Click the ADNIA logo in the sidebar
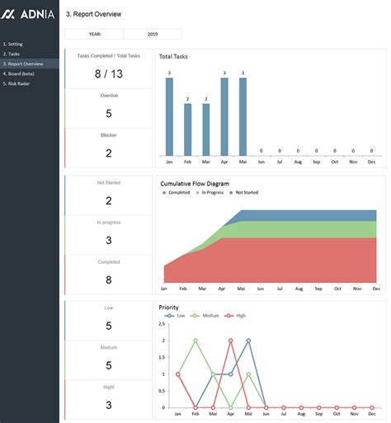click(x=29, y=14)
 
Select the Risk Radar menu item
click(x=19, y=83)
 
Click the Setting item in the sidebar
click(x=14, y=44)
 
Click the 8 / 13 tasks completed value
click(x=109, y=73)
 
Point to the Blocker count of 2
click(x=109, y=153)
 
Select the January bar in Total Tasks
click(x=169, y=116)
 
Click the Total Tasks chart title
click(x=174, y=56)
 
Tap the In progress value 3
click(x=109, y=240)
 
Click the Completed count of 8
click(x=109, y=280)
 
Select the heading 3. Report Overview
click(x=93, y=14)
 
